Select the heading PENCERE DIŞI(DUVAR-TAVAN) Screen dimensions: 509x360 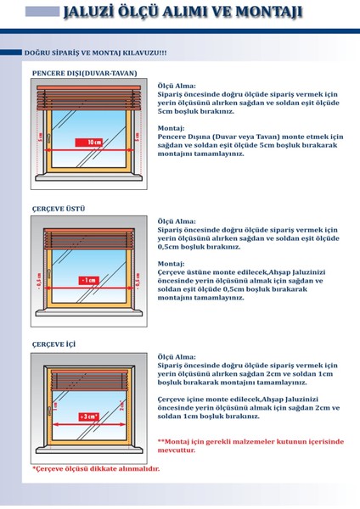pyautogui.click(x=81, y=73)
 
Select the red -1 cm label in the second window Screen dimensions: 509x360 pyautogui.click(x=87, y=279)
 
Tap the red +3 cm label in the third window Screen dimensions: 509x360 pyautogui.click(x=87, y=417)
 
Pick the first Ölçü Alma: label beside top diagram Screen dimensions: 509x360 pyautogui.click(x=177, y=86)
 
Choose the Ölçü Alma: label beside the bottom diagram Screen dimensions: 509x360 pyautogui.click(x=177, y=356)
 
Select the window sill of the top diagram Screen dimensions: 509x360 pyautogui.click(x=87, y=184)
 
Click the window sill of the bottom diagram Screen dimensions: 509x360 pyautogui.click(x=87, y=456)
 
